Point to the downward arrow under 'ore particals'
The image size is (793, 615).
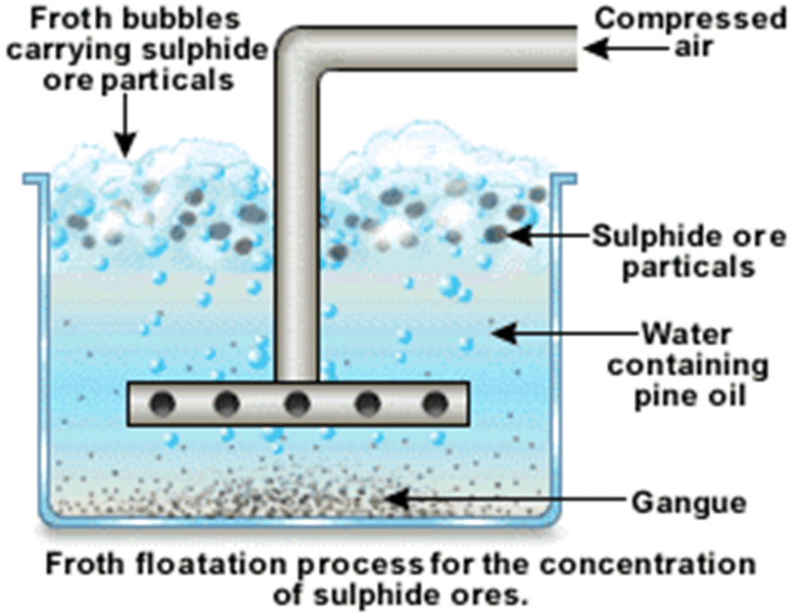[x=123, y=126]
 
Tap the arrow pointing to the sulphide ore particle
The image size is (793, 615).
[x=547, y=236]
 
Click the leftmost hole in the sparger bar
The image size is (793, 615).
[x=165, y=402]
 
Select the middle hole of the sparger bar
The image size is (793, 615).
[x=297, y=402]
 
